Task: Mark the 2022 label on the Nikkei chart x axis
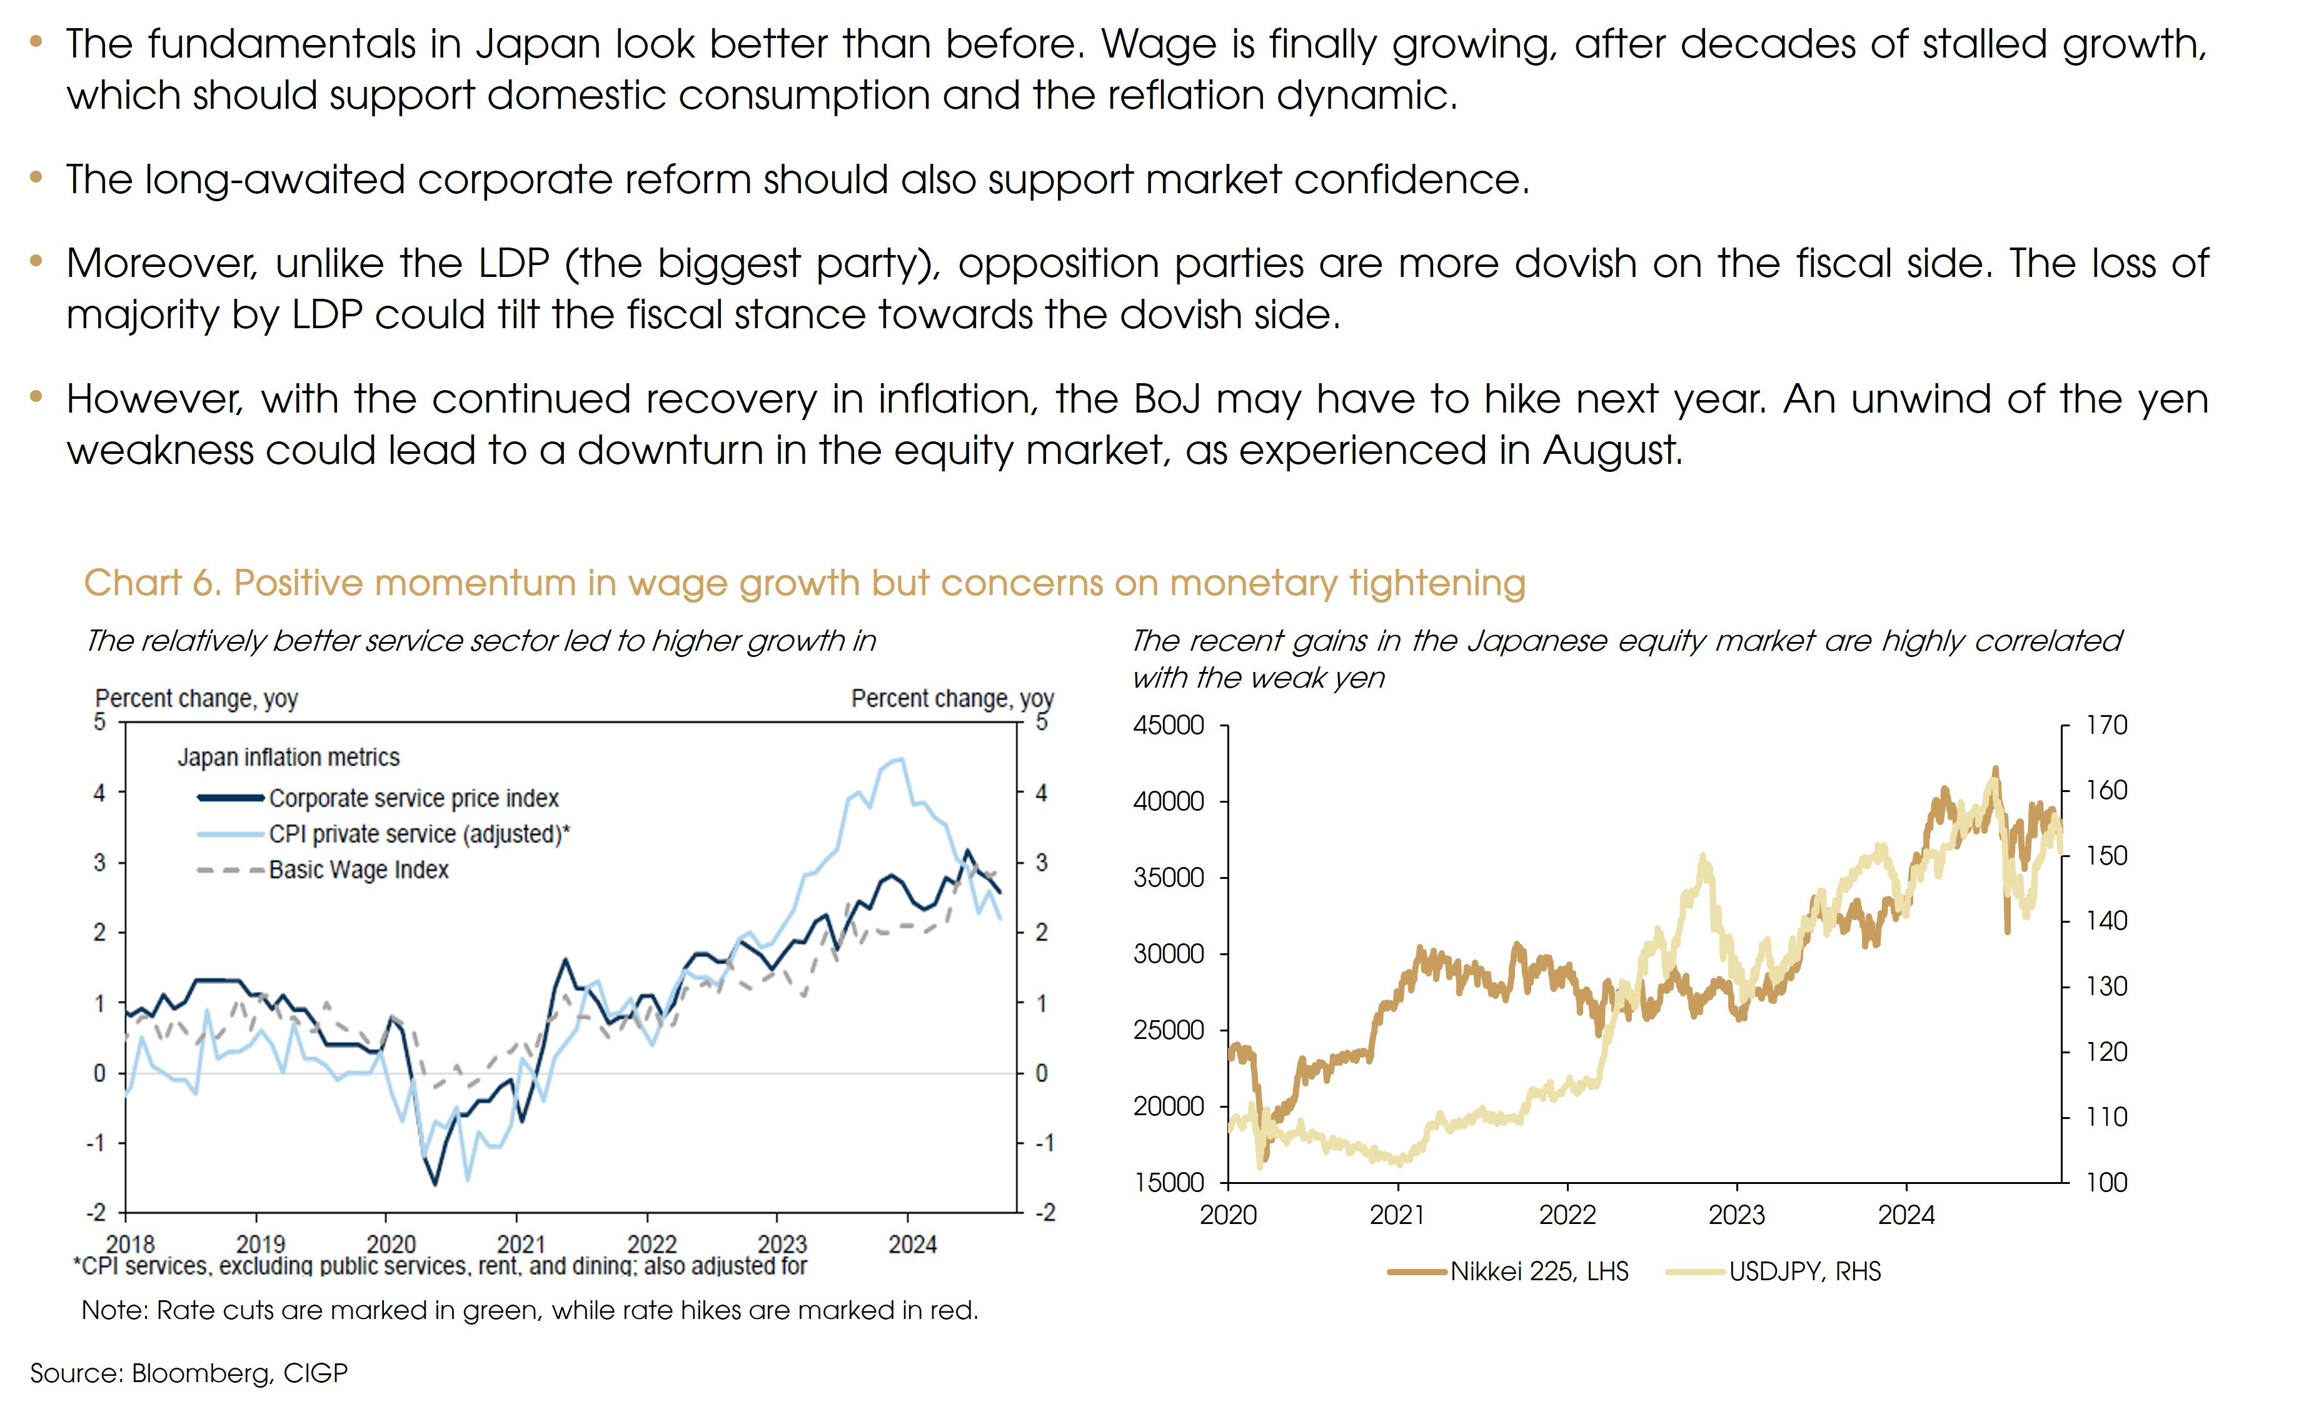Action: coord(1567,1215)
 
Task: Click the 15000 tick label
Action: coord(1169,1182)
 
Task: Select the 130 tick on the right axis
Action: coord(2106,986)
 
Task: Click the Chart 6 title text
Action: coord(804,583)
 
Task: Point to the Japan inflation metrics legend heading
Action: coord(288,758)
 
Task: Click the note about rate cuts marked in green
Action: coord(530,1310)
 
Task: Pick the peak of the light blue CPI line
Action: coord(901,758)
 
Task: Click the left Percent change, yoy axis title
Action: coord(197,698)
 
